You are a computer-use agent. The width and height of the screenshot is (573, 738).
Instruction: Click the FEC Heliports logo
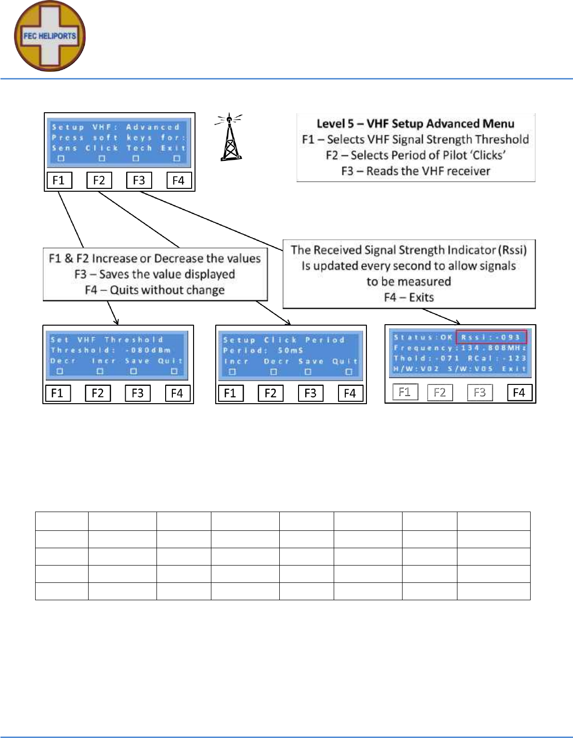click(50, 36)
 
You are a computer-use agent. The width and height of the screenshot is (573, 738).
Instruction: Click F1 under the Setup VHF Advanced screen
click(59, 180)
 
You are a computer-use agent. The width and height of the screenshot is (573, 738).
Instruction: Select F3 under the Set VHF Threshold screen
click(137, 393)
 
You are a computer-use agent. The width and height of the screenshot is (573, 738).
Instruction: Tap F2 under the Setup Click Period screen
click(270, 393)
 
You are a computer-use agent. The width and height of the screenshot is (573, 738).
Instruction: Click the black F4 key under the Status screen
click(519, 392)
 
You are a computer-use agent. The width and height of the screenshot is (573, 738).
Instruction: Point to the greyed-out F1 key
click(404, 392)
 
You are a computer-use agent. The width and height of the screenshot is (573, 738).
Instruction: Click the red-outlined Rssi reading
click(492, 337)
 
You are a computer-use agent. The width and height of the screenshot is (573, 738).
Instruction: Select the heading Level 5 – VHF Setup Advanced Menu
click(415, 124)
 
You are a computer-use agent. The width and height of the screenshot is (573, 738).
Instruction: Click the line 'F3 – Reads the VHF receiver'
click(415, 171)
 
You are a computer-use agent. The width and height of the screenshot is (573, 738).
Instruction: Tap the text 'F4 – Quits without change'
click(155, 290)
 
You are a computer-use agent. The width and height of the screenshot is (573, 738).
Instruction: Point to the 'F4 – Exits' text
click(409, 297)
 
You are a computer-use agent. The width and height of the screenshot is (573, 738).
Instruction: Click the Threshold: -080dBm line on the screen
click(111, 350)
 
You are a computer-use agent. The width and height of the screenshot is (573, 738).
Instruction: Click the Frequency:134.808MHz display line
click(460, 348)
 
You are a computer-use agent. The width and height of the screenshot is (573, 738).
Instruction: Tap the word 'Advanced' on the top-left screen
click(153, 127)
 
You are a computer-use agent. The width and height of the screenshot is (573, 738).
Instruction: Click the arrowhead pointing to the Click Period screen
click(287, 322)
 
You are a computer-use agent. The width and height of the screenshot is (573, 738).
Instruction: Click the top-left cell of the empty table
click(62, 521)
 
